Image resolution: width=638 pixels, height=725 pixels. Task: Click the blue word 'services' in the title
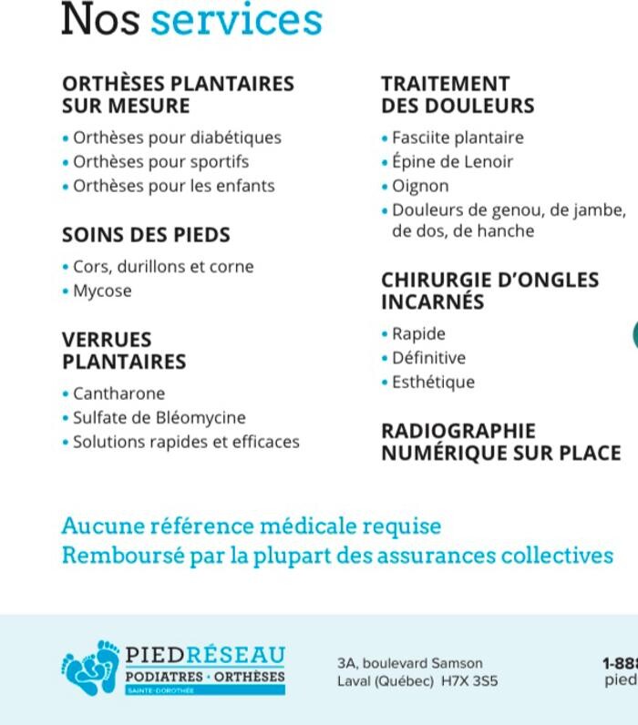(x=236, y=20)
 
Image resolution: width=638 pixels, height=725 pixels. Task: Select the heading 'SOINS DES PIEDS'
(x=146, y=235)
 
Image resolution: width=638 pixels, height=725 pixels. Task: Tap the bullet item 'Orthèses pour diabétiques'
(x=177, y=138)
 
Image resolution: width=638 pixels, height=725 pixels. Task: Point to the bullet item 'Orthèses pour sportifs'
(x=160, y=162)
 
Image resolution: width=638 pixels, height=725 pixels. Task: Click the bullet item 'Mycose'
(x=102, y=291)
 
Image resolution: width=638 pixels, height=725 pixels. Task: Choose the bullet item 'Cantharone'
(x=118, y=393)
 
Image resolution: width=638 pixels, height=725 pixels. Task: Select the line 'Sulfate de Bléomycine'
(x=159, y=418)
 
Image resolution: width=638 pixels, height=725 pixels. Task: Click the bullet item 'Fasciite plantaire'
(x=458, y=138)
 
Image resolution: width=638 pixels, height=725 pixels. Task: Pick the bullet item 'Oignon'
(x=420, y=186)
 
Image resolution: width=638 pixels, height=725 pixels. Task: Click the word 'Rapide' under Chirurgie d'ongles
(x=418, y=334)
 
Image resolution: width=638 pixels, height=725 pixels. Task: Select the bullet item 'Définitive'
(x=428, y=358)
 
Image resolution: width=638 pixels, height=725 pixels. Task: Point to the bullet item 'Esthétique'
(x=433, y=383)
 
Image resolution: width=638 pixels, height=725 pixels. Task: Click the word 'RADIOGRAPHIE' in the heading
(x=458, y=431)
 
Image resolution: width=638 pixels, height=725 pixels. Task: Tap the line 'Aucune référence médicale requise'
(x=251, y=526)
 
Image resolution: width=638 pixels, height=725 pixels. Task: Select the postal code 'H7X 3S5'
(x=469, y=681)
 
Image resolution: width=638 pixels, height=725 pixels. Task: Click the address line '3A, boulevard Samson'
(x=409, y=663)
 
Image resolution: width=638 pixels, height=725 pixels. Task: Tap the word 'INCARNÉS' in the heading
(x=432, y=301)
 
